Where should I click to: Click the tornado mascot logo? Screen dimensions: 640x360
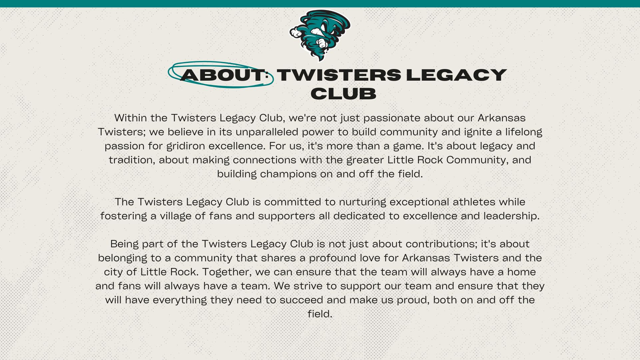(x=320, y=35)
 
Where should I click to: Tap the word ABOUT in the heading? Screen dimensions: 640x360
(x=222, y=75)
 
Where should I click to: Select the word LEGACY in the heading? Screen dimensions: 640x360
(x=456, y=75)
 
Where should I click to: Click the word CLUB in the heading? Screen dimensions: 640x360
(x=343, y=93)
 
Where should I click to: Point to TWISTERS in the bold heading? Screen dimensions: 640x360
(x=339, y=75)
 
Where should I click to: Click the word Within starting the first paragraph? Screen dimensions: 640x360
(x=130, y=117)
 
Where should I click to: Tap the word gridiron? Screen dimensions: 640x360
(x=185, y=146)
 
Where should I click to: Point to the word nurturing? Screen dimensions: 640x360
(x=362, y=202)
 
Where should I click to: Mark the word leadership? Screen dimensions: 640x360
(x=511, y=216)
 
